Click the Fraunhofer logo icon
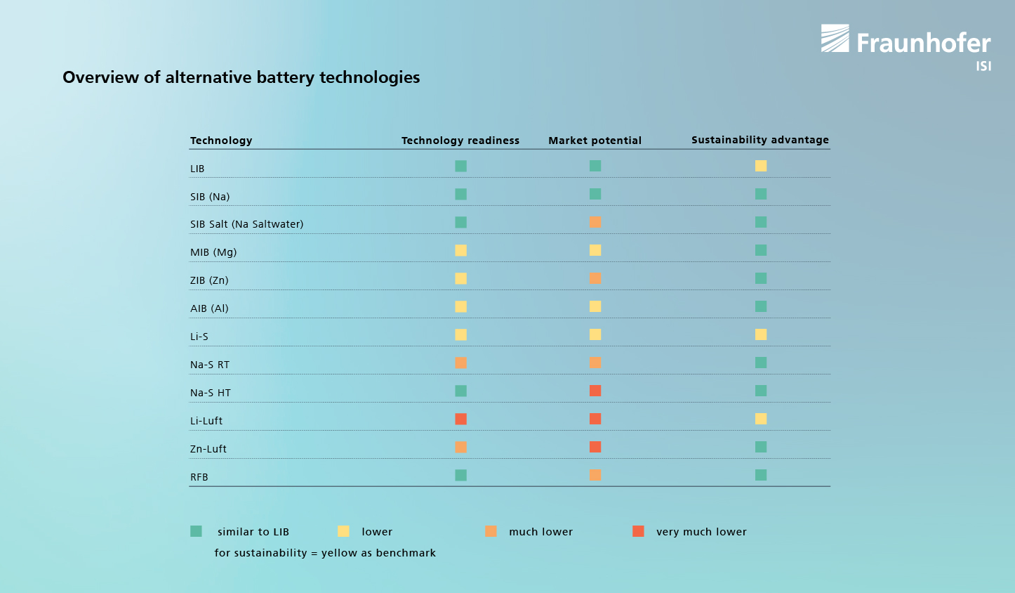coord(835,39)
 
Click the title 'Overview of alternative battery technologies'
coord(241,77)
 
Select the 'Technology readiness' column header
coord(460,141)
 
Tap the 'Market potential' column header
coord(595,141)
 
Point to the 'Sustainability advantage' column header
coord(759,140)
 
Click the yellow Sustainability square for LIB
coord(761,166)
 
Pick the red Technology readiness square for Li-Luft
coord(460,419)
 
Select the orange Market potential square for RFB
coord(595,475)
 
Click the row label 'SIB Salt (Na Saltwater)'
coord(246,224)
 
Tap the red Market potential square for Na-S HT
coord(595,391)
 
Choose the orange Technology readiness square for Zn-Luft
coord(460,447)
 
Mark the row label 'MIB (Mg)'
coord(213,252)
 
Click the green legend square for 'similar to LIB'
coord(196,531)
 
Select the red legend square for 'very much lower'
coord(638,531)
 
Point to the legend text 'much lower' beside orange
coord(540,532)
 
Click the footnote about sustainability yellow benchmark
coord(325,553)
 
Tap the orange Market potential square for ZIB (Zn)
coord(595,278)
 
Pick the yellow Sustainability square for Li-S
coord(761,334)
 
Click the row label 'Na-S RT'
coord(209,365)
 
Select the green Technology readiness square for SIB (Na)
coord(460,194)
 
